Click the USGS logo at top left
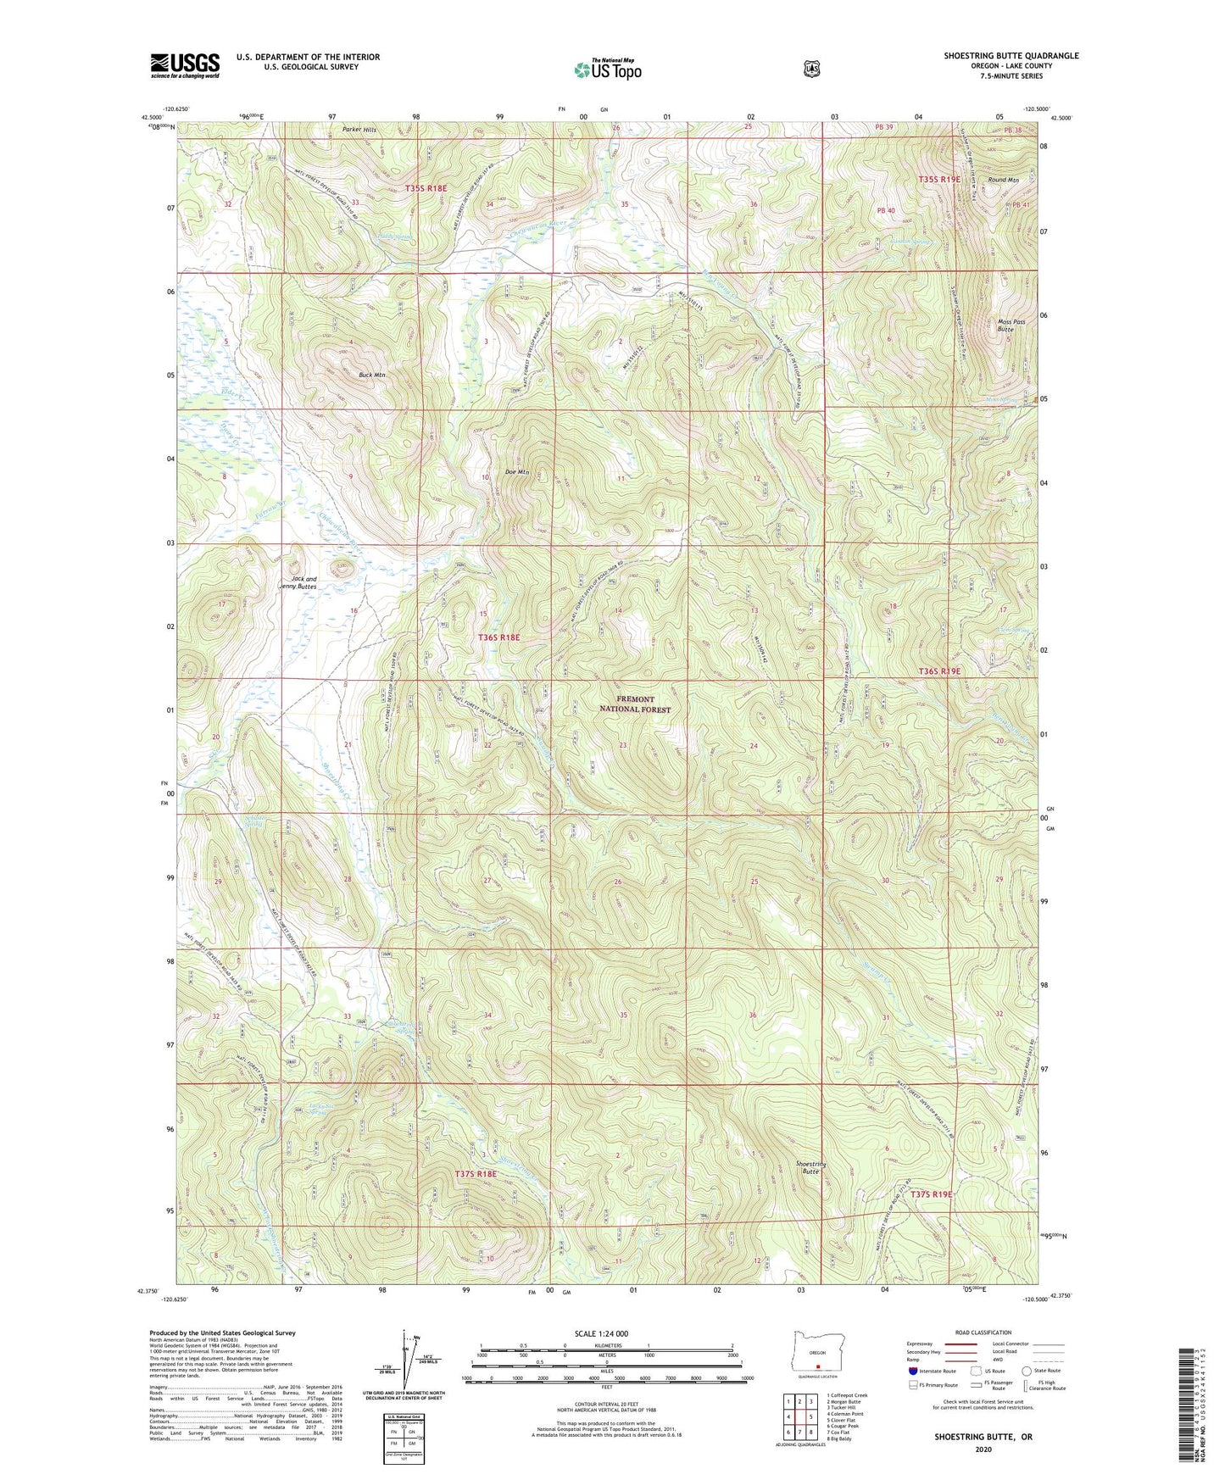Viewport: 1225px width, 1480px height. pos(185,65)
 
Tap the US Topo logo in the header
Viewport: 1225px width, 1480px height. pos(606,70)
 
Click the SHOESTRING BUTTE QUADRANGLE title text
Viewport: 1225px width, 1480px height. pos(1011,56)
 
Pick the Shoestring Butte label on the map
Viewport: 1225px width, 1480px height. pos(811,1167)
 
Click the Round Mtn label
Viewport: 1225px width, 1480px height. pos(1003,180)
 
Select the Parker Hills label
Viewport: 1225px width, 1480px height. pos(359,130)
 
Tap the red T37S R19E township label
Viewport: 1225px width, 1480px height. pos(932,1193)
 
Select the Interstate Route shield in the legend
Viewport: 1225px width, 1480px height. pos(912,1370)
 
